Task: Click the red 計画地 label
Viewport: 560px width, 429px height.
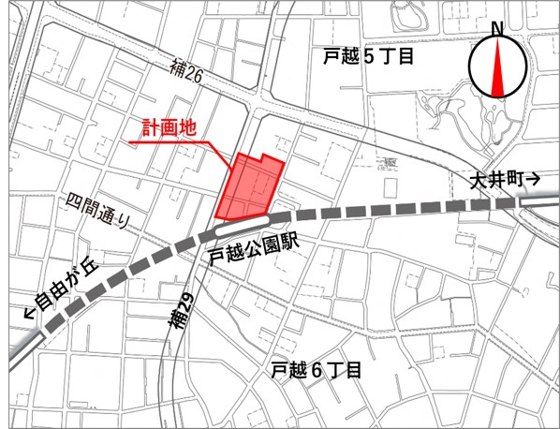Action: pyautogui.click(x=169, y=128)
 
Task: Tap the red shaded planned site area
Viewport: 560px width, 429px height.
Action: pyautogui.click(x=249, y=187)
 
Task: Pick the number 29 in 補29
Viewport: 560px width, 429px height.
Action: pyautogui.click(x=183, y=300)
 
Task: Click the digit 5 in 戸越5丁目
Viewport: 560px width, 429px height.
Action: pyautogui.click(x=367, y=57)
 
